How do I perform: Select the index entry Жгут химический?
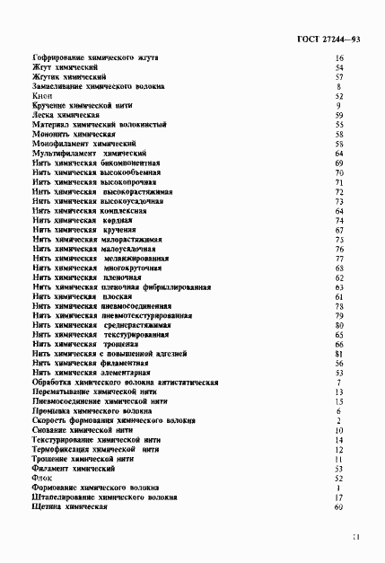coord(65,67)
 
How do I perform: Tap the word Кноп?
coord(42,96)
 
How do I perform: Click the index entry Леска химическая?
coord(66,115)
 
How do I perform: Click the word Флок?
coord(42,479)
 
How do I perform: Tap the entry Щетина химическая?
coord(69,507)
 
